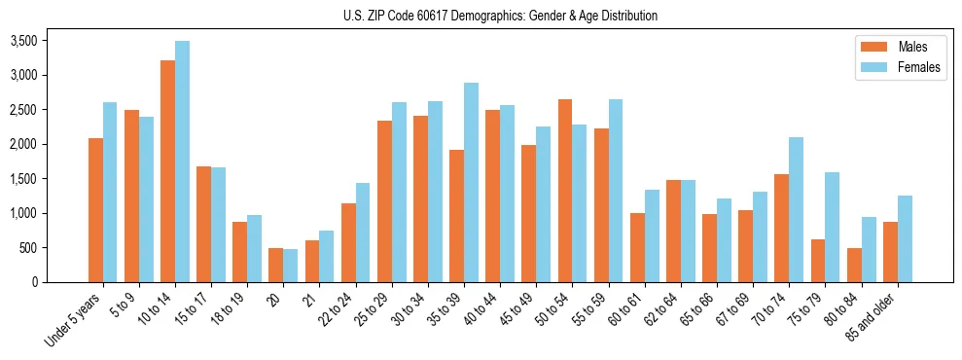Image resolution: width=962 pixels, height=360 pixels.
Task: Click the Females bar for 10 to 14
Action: tap(182, 162)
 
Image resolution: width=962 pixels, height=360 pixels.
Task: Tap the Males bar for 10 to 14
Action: tap(167, 171)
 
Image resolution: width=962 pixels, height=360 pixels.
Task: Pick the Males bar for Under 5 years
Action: tap(95, 210)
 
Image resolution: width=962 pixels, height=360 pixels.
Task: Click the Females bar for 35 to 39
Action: tap(471, 182)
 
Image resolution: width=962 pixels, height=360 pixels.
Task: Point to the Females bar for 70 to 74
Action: tap(796, 209)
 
